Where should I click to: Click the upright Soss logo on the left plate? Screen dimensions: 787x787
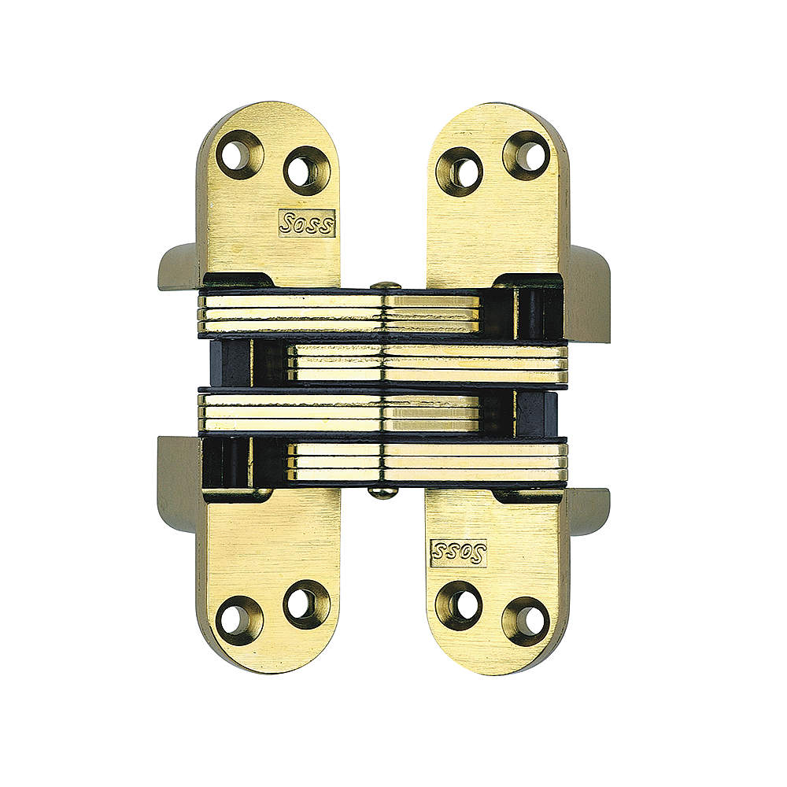(307, 223)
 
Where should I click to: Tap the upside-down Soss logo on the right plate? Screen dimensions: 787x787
(459, 552)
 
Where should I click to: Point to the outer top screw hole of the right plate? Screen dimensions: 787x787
(527, 154)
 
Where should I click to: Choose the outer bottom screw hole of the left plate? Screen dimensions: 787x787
(238, 619)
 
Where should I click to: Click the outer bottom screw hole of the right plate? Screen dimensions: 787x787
(527, 619)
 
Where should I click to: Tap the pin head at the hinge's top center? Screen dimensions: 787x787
(383, 287)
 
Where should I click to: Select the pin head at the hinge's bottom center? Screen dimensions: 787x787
(383, 492)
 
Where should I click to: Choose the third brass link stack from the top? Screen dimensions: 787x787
(338, 412)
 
